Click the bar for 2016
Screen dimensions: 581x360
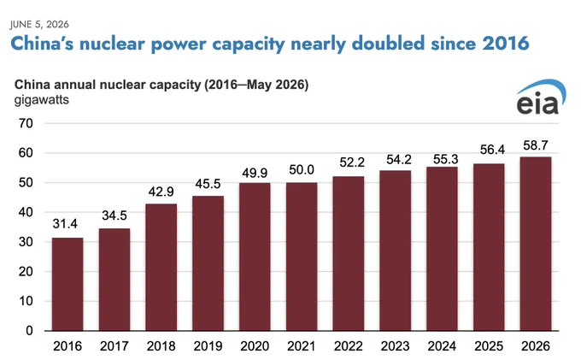click(x=67, y=284)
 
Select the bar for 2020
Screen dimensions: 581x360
click(x=255, y=257)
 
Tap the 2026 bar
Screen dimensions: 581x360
click(x=536, y=244)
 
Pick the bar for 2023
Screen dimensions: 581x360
click(x=395, y=251)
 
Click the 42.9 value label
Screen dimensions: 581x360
click(x=161, y=192)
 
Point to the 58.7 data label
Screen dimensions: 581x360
click(x=536, y=145)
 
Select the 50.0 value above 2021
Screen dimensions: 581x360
click(x=302, y=170)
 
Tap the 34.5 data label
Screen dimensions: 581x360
click(x=114, y=215)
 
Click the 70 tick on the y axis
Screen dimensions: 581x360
click(x=26, y=123)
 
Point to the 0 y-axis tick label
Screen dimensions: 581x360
click(x=29, y=331)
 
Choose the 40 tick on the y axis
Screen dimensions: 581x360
click(x=26, y=212)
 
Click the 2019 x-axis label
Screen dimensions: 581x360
click(x=208, y=346)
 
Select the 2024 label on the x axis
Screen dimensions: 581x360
click(x=442, y=346)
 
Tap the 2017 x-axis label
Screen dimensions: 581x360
click(x=114, y=346)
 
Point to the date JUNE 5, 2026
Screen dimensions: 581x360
click(x=39, y=25)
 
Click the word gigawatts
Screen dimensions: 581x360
click(x=42, y=100)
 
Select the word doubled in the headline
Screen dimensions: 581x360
click(x=388, y=43)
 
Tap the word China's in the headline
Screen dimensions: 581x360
click(x=42, y=44)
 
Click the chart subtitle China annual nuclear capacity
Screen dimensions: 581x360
click(x=108, y=85)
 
